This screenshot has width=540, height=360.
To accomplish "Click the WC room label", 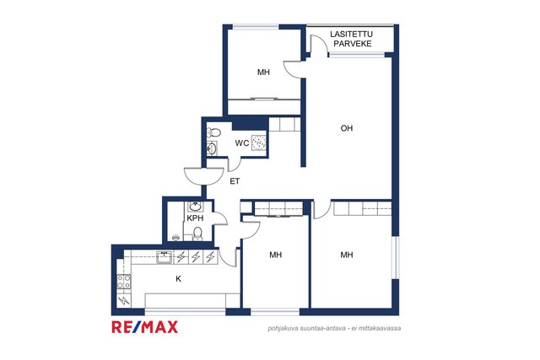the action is point(242,142).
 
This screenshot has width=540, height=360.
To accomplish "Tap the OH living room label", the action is point(347,128).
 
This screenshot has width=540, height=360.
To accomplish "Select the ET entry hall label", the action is point(235,181).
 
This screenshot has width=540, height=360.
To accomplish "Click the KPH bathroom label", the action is point(195,218).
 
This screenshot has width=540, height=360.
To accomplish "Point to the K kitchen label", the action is point(178,279).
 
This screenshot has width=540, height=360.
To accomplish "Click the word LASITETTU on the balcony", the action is point(351,34).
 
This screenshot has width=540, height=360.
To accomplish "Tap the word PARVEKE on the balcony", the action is point(353,44).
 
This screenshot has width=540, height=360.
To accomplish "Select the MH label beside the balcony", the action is point(263,72).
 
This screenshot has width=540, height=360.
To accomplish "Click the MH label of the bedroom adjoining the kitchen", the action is point(276,255).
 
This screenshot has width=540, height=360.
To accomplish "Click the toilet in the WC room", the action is point(213,132).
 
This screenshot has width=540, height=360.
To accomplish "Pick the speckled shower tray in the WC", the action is point(259,142).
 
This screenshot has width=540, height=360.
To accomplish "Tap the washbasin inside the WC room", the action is point(212,148).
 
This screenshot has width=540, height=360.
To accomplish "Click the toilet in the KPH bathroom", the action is point(197,233).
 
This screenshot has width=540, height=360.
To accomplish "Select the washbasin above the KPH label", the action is point(195,207).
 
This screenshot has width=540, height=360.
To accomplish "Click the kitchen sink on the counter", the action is point(165,257).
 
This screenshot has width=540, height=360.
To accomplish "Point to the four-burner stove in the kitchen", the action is point(124,282).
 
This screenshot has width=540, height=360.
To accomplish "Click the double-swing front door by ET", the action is point(204,175).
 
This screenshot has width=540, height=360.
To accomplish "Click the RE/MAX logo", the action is point(144,326).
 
